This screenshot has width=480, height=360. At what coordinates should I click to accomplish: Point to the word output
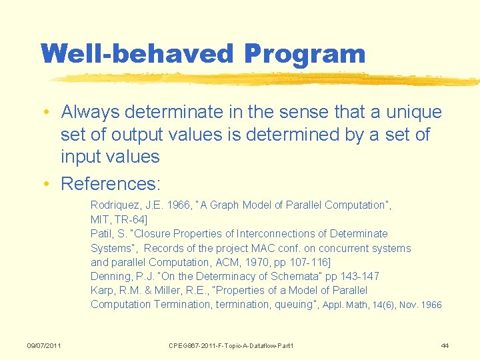coord(137,135)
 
